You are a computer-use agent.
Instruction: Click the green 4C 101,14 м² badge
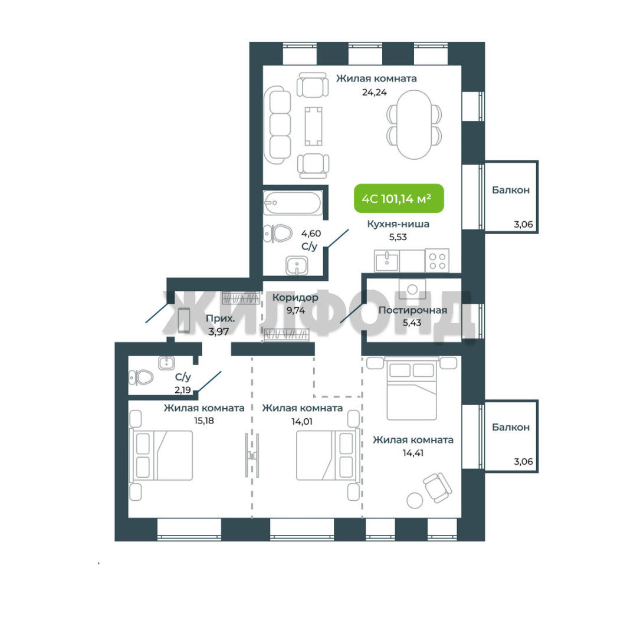coord(399,198)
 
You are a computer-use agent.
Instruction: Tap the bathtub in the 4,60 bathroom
coord(293,203)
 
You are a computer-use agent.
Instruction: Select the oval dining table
coord(414,124)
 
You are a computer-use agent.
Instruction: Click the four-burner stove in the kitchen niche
coord(437,261)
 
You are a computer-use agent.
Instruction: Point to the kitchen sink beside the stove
coord(387,261)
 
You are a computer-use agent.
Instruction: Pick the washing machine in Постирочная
coord(412,288)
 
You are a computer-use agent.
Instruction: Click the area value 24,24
coord(374,92)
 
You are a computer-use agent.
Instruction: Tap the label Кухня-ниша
coord(398,224)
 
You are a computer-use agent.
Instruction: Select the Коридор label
coord(295,298)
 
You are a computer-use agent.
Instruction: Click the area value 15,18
coord(204,421)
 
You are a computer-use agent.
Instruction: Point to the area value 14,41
coord(413,452)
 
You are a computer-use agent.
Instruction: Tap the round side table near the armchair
coord(415,500)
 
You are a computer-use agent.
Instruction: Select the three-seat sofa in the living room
coord(277,124)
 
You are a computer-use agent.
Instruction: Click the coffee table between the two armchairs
coord(313,126)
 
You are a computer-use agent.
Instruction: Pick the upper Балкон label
coord(511,190)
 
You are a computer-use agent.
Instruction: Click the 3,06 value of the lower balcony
coord(523,461)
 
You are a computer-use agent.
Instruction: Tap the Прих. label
coord(220,318)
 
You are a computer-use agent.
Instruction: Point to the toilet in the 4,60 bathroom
coord(278,234)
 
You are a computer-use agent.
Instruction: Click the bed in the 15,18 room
coord(161,455)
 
